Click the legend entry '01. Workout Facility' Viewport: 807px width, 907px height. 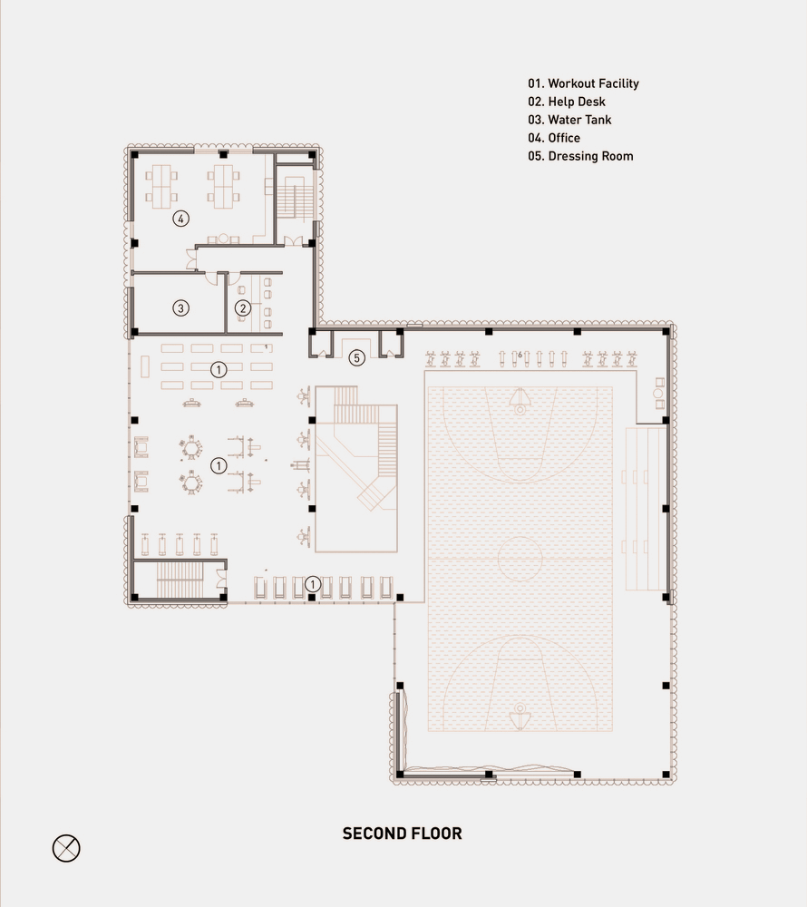click(x=583, y=83)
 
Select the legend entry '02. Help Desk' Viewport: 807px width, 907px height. click(x=567, y=102)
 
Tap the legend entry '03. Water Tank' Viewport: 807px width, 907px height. click(x=569, y=120)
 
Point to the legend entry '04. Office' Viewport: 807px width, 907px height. click(x=554, y=138)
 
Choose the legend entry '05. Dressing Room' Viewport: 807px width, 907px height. click(x=580, y=156)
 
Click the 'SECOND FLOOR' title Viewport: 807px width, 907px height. click(x=403, y=834)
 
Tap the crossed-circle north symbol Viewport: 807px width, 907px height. click(x=66, y=849)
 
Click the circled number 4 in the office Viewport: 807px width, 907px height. click(x=181, y=219)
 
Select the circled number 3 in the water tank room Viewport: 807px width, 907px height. click(x=181, y=308)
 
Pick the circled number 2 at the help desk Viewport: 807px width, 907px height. click(x=243, y=308)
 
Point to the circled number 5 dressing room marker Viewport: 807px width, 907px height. click(x=356, y=358)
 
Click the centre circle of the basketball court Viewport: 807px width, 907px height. click(x=520, y=560)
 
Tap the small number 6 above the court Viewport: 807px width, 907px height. click(x=520, y=355)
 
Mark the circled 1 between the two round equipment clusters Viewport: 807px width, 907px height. click(x=219, y=465)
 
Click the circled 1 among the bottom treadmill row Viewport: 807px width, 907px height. click(x=313, y=584)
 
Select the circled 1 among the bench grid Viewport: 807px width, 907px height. click(x=219, y=370)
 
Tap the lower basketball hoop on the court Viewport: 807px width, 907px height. click(x=520, y=716)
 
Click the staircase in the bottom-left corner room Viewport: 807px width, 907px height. click(x=180, y=580)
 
